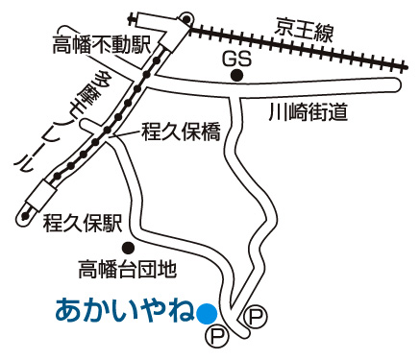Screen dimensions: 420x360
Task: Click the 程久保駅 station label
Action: pos(82,225)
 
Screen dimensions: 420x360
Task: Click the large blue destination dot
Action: pos(206,312)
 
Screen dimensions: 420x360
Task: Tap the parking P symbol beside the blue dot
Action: pos(218,335)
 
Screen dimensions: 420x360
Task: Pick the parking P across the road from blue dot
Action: pos(255,314)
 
